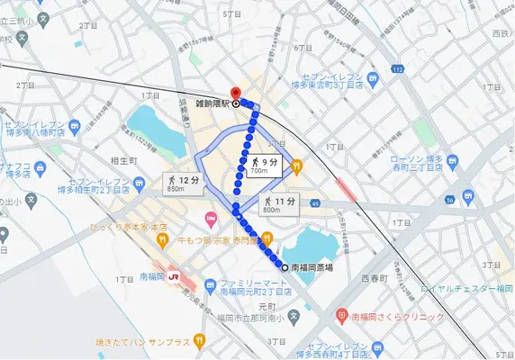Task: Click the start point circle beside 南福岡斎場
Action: tap(285, 267)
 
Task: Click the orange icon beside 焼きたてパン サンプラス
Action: tap(200, 341)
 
